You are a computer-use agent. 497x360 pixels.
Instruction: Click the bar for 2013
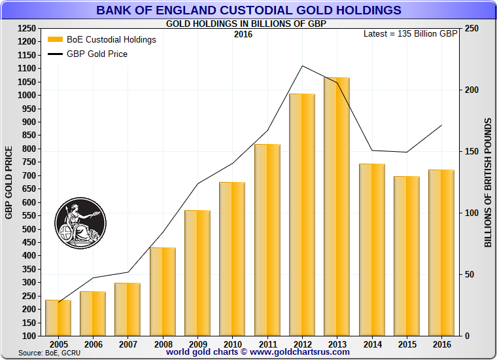coord(337,206)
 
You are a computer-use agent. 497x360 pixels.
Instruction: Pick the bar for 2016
coord(441,253)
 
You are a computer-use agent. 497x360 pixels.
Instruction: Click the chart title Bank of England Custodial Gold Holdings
coord(248,10)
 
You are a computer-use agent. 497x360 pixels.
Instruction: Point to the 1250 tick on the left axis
coord(27,28)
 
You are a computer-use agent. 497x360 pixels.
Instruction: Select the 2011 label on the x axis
coord(267,343)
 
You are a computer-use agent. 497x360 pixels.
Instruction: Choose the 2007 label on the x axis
coord(128,343)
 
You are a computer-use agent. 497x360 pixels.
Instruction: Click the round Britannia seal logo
coord(80,223)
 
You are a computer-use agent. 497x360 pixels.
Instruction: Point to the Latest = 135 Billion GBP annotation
coord(410,33)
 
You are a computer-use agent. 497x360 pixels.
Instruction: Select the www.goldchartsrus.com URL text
coord(300,351)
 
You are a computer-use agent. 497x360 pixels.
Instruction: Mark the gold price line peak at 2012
coord(302,66)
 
